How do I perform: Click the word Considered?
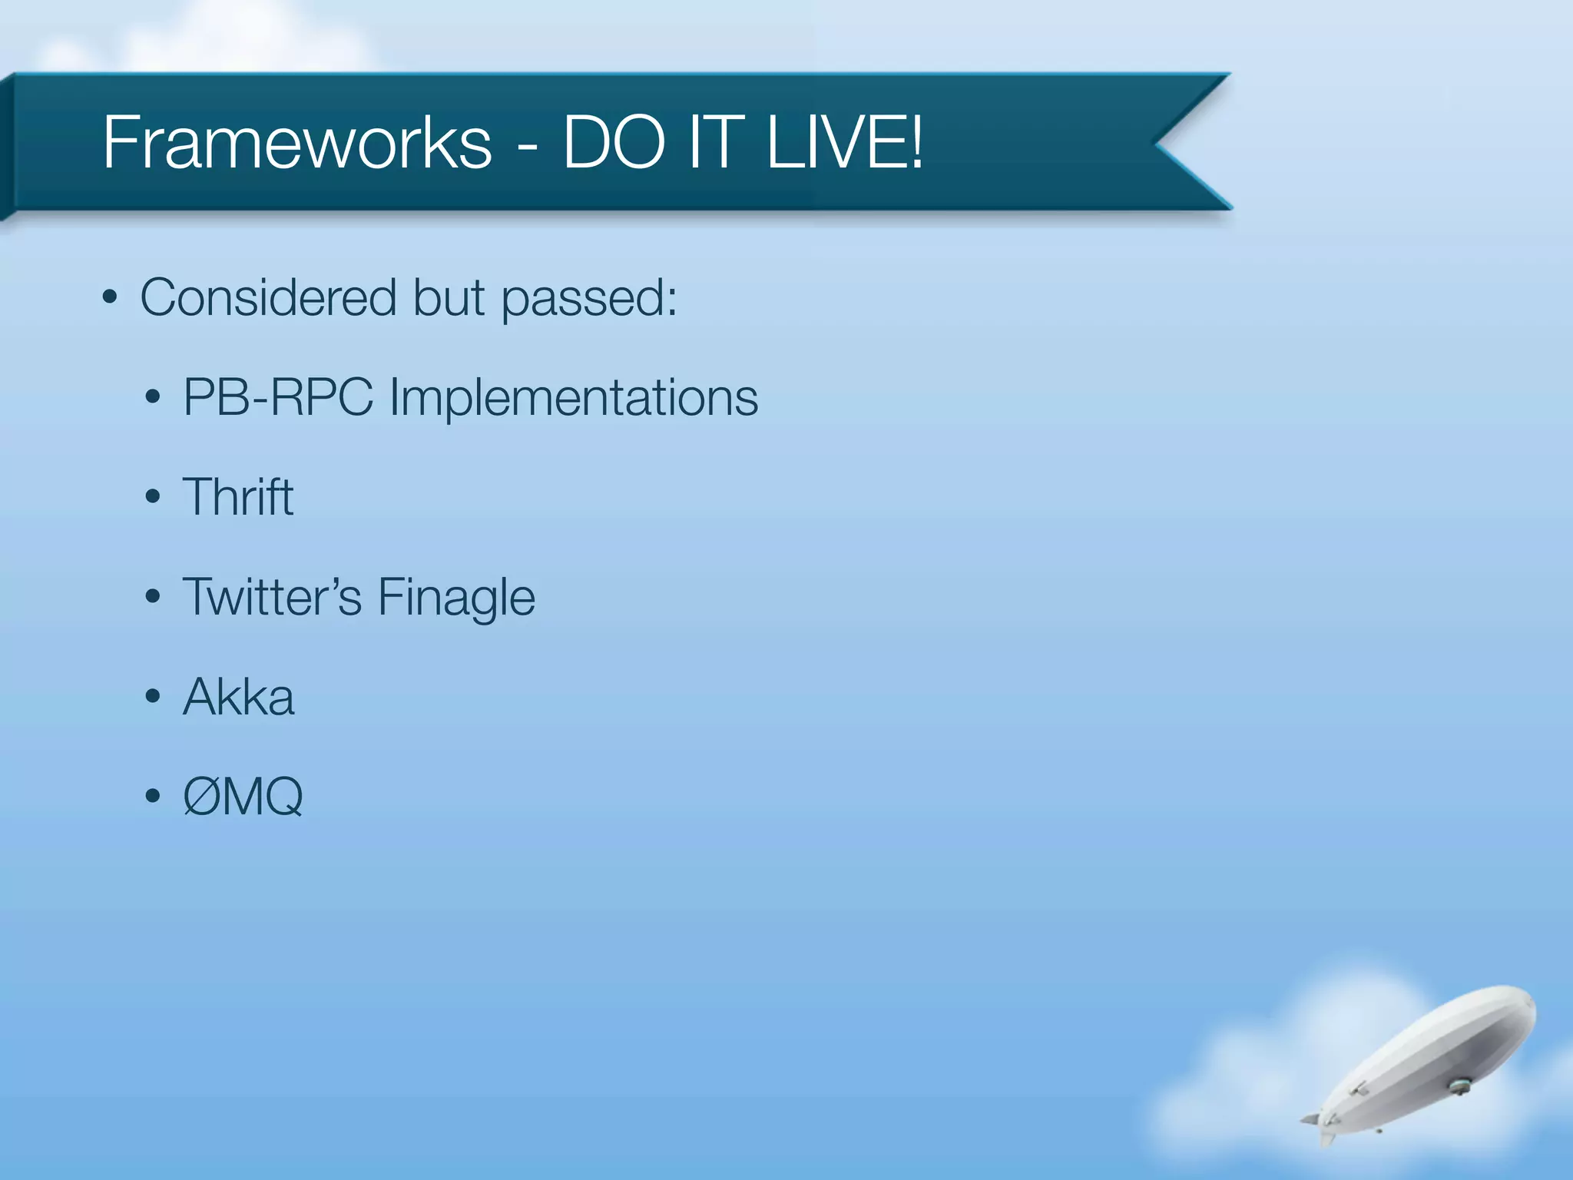click(269, 297)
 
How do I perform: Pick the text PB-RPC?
click(278, 398)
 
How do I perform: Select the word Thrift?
click(238, 497)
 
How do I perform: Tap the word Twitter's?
click(272, 597)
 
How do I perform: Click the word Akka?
click(239, 697)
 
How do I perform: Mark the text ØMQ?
click(243, 797)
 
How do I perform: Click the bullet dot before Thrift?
click(153, 497)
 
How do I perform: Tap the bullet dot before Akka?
click(153, 697)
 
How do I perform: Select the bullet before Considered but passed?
click(110, 297)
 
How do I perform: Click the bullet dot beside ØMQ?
click(153, 797)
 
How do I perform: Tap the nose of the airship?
click(1528, 1003)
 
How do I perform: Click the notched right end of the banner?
click(1183, 142)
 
